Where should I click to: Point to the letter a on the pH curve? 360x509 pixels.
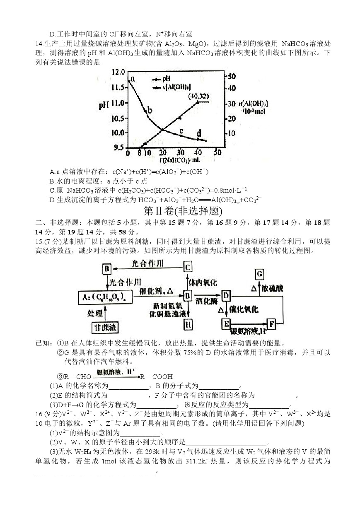click(x=133, y=79)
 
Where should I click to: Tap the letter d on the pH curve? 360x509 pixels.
click(x=199, y=133)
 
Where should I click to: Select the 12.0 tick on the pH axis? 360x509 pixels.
click(x=118, y=73)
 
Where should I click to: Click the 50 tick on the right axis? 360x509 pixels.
click(x=232, y=77)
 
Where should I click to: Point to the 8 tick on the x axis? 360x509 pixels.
click(x=139, y=152)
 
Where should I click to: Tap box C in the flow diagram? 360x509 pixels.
click(x=188, y=267)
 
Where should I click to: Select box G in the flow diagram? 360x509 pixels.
click(x=260, y=274)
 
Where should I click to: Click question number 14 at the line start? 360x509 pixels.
click(x=39, y=44)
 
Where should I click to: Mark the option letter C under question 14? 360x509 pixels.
click(x=52, y=190)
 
